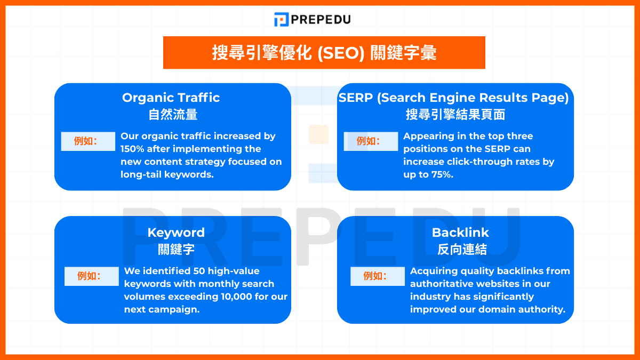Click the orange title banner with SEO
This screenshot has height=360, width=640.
coord(324,53)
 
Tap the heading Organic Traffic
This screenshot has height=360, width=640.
coord(171,98)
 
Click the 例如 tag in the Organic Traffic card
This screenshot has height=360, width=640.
coord(88,141)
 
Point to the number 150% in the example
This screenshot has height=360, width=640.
coord(132,149)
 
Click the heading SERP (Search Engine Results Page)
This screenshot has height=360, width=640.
coord(454,98)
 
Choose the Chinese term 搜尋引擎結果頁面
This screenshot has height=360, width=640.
coord(455,114)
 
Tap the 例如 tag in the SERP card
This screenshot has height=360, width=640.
coord(371,141)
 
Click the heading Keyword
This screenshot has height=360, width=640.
coord(176,233)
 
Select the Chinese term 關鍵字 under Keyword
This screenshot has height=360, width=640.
coord(176,249)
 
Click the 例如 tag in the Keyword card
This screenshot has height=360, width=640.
coord(92,276)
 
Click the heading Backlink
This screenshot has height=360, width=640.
coord(460,233)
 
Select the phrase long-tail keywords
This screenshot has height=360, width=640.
coord(167,174)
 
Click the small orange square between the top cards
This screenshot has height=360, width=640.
coord(318,134)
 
